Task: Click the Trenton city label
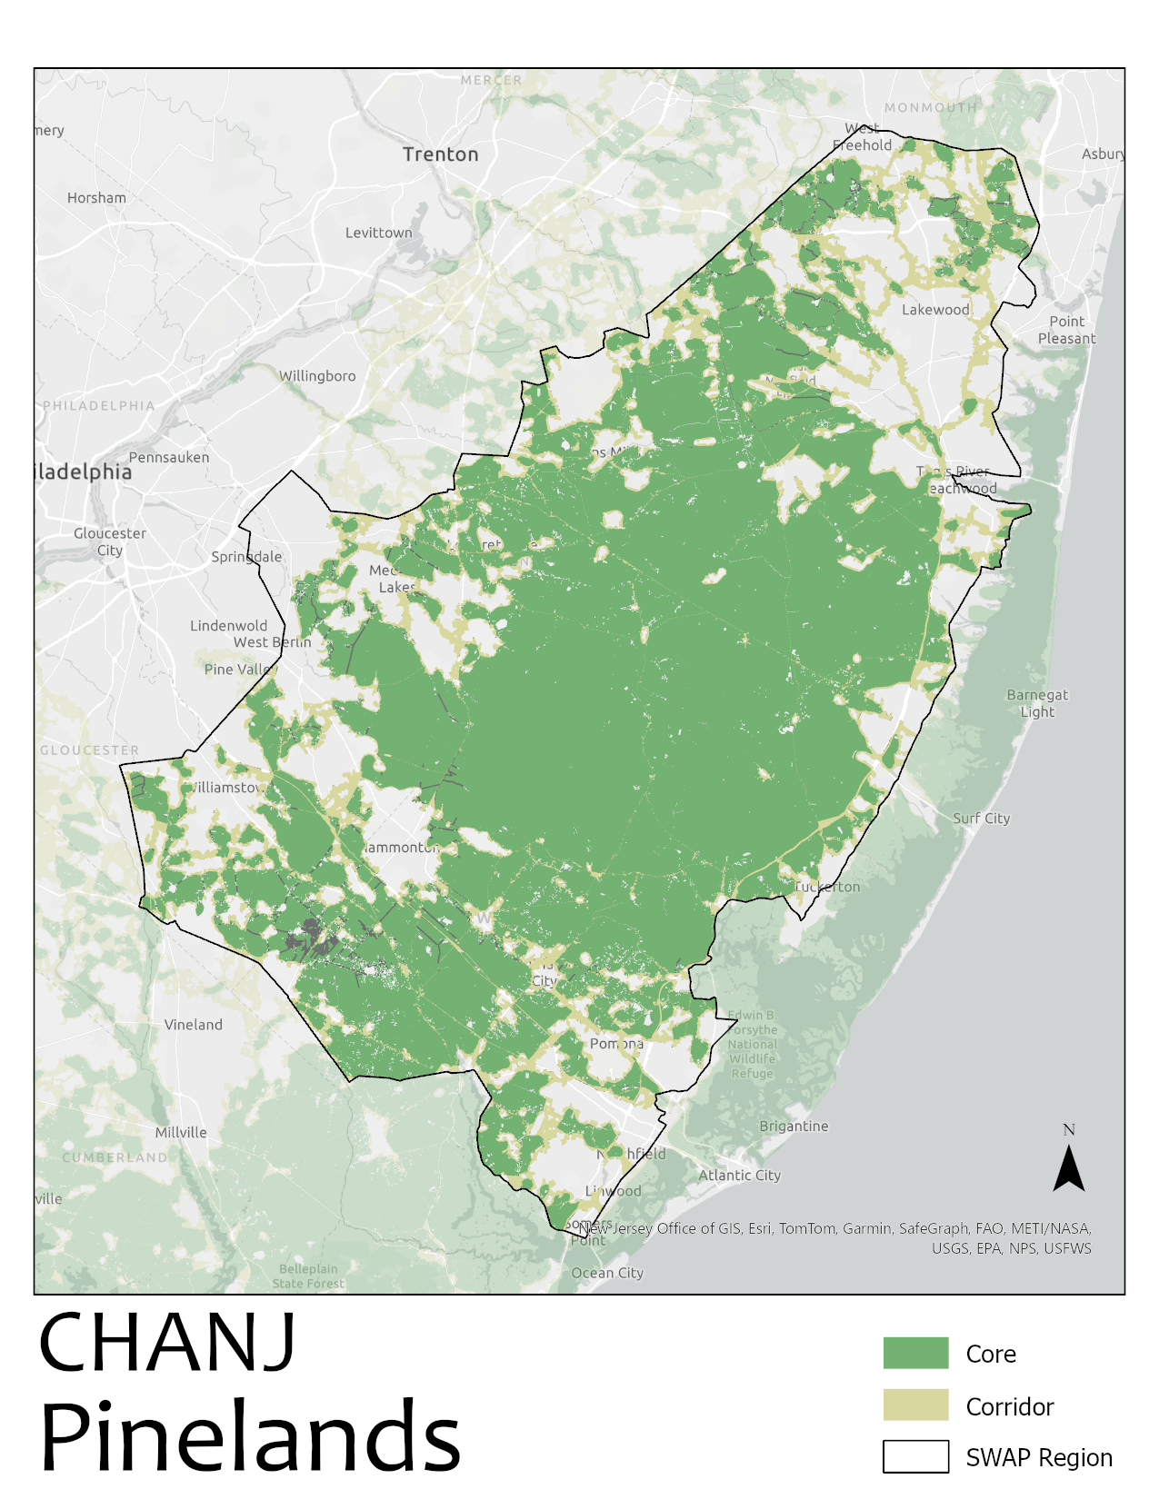440,154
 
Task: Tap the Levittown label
378,233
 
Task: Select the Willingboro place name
317,376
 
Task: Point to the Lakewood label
935,310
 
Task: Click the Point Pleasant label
1066,330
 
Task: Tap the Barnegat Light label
1037,703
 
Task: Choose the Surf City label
981,818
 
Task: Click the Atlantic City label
739,1175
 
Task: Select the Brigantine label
794,1126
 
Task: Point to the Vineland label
193,1024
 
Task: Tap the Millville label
181,1132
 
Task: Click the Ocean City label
607,1273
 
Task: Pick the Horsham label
96,197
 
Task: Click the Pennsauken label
169,457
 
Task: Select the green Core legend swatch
915,1353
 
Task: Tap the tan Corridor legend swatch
915,1405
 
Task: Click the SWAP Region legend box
915,1456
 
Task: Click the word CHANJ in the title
167,1343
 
